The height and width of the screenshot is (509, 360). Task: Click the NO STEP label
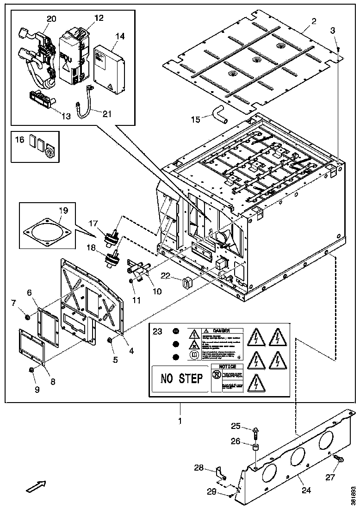click(x=181, y=379)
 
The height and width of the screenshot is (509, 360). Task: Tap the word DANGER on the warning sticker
click(x=222, y=331)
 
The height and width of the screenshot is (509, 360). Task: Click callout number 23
click(x=158, y=331)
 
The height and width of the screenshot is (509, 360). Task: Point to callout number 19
click(x=63, y=211)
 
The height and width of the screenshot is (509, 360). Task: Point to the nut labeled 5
click(x=110, y=341)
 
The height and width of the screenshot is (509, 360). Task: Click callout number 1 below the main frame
click(x=180, y=421)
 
